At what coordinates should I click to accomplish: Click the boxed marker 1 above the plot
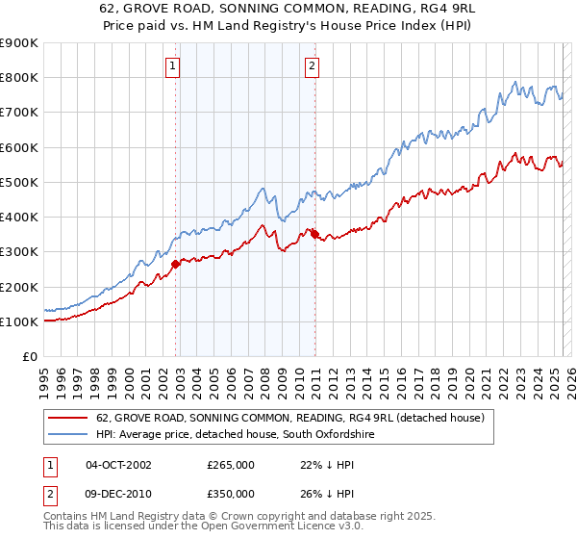[x=172, y=66]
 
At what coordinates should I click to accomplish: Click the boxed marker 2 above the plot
[x=313, y=66]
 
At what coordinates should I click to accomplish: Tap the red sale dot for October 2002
[x=175, y=264]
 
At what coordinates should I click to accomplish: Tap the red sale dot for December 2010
[x=314, y=233]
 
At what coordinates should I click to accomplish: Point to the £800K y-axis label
[x=19, y=78]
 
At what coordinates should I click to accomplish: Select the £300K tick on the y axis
[x=19, y=252]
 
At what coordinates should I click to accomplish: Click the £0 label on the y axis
[x=29, y=356]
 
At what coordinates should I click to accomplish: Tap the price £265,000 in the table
[x=231, y=465]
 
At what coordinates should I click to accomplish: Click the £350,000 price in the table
[x=231, y=492]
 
